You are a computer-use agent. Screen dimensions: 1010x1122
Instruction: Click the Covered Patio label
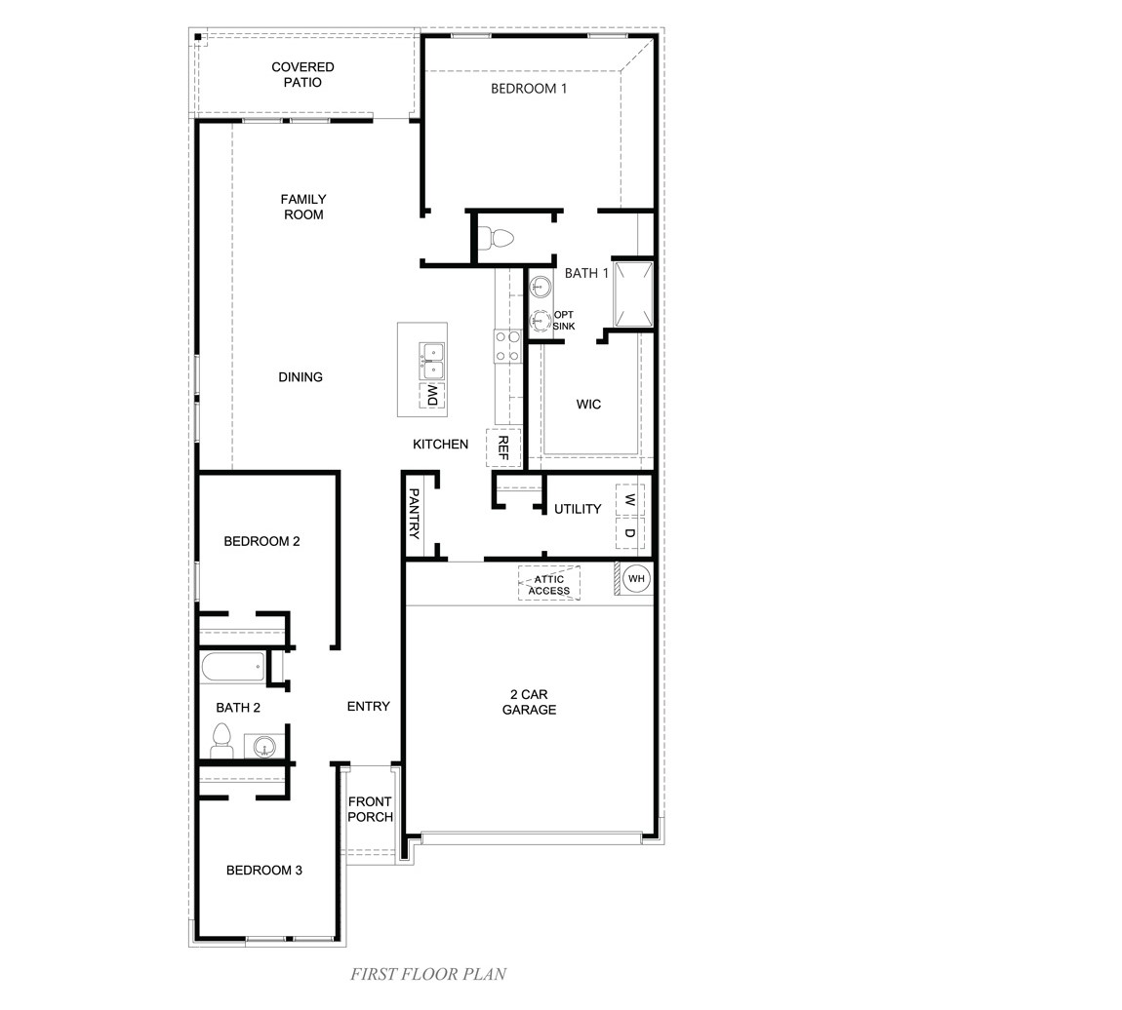point(302,75)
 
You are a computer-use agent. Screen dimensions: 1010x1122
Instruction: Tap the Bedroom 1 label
point(529,89)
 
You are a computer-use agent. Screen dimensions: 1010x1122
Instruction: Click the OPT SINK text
point(564,321)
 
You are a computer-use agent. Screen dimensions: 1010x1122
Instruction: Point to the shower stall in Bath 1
point(632,293)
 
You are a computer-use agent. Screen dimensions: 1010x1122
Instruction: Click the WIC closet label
point(588,405)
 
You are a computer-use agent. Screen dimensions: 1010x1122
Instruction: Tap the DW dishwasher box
point(432,395)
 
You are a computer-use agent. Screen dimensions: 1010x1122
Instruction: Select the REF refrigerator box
point(503,447)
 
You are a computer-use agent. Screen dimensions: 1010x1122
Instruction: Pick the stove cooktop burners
point(507,346)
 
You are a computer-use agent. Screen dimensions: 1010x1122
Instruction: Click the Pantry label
point(414,514)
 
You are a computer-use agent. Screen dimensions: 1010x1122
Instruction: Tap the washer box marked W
point(629,500)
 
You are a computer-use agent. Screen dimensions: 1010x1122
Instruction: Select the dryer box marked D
point(629,533)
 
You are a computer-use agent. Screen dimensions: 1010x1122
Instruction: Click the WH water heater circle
point(636,579)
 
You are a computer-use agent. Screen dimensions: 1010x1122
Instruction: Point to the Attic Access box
point(549,584)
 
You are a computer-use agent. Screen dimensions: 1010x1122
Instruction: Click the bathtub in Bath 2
point(233,668)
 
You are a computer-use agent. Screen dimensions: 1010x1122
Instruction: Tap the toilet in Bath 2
point(221,742)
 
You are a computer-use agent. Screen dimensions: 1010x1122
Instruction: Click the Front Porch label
point(370,809)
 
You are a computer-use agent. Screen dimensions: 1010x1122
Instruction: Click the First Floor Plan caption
point(428,973)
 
